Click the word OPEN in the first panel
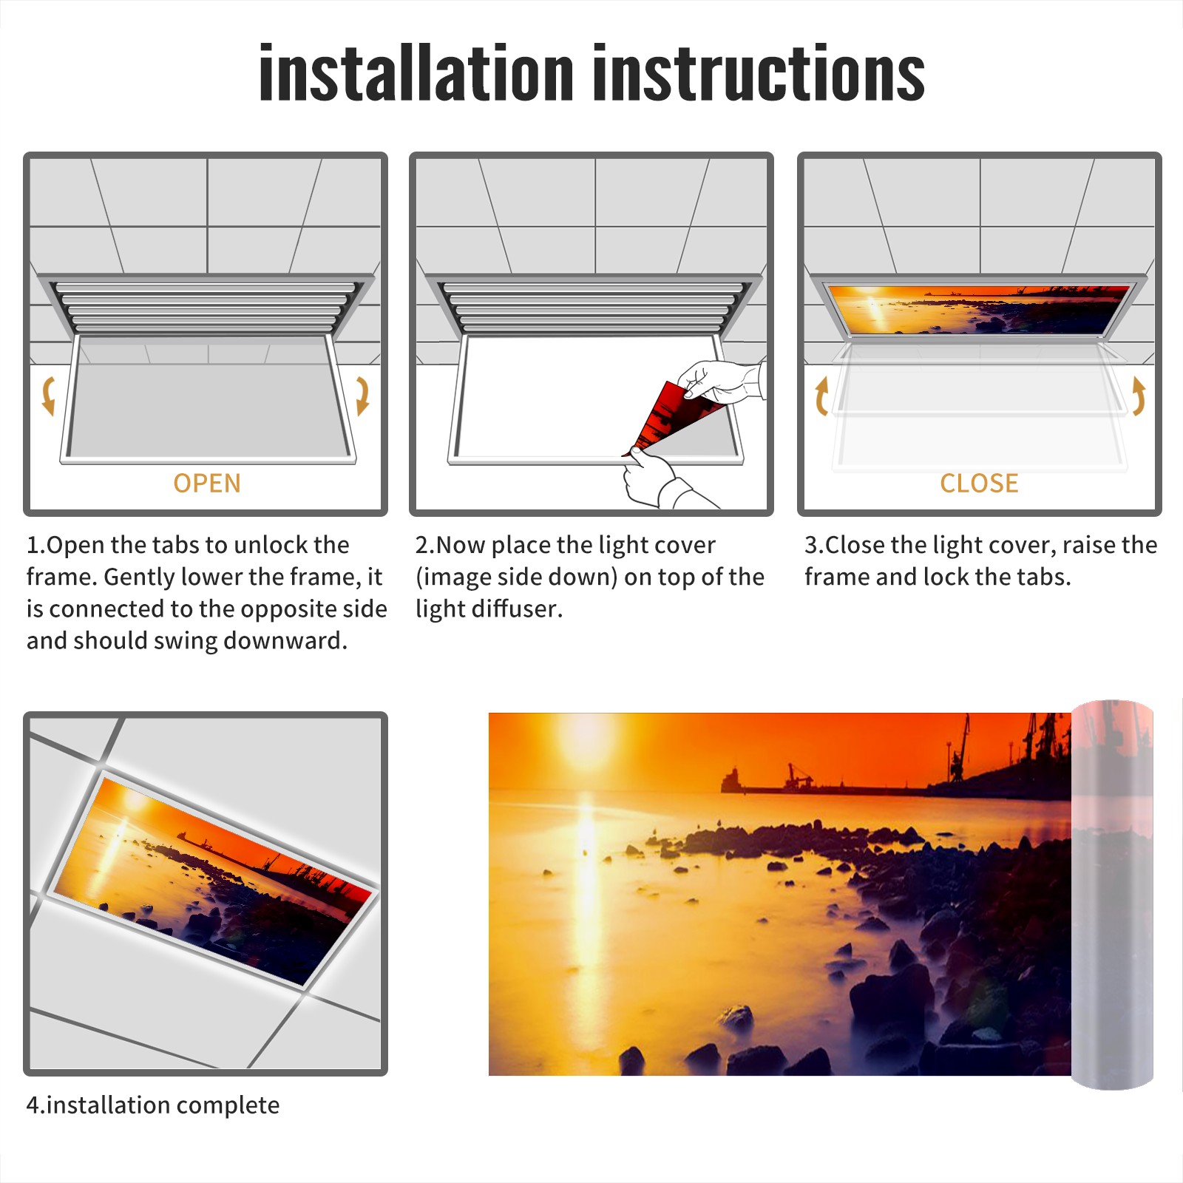point(207,484)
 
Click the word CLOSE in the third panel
point(979,484)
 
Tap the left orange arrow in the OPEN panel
point(48,396)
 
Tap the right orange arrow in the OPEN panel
point(362,396)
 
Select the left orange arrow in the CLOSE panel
point(821,396)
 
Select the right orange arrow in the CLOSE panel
point(1139,396)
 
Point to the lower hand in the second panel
point(662,481)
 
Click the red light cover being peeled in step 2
point(669,418)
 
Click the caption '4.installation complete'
point(153,1105)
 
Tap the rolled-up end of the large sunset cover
point(1112,895)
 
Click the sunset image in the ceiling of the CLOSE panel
point(980,309)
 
